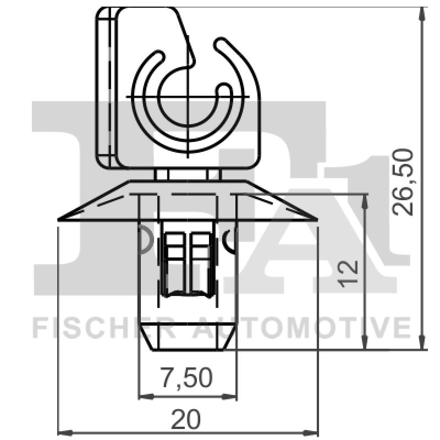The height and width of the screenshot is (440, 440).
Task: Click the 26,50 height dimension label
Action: (x=404, y=182)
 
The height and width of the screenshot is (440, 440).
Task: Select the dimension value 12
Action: (x=349, y=273)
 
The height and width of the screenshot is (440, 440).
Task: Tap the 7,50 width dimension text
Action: (x=186, y=378)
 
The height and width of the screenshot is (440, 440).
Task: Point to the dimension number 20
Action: (x=186, y=420)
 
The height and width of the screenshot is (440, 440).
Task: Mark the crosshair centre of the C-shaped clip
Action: (x=188, y=96)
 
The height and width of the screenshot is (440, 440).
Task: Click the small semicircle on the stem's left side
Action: (x=145, y=239)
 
